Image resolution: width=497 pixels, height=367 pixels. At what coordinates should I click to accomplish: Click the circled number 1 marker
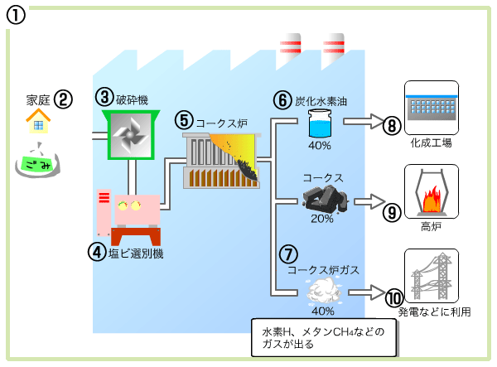click(17, 15)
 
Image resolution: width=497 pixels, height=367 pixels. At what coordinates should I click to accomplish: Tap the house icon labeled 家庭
click(37, 123)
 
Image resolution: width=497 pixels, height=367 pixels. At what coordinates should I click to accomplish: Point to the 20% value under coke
click(321, 219)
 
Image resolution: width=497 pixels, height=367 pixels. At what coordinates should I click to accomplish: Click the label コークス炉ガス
click(322, 270)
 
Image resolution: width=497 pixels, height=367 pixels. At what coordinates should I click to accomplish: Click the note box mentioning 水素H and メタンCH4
click(322, 337)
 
